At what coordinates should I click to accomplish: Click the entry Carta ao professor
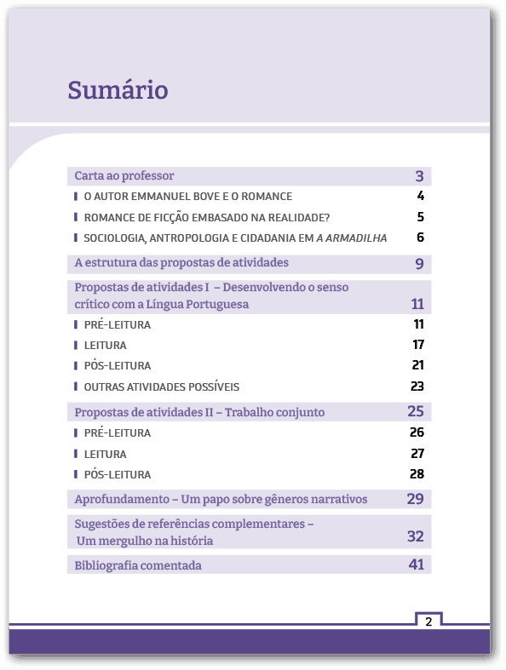click(x=124, y=176)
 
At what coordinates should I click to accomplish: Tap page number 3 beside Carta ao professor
click(x=419, y=177)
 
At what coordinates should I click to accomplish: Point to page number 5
click(x=420, y=217)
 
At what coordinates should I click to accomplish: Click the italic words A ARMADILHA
click(x=352, y=238)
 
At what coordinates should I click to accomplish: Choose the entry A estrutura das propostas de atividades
click(x=181, y=262)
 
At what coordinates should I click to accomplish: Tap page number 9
click(x=419, y=264)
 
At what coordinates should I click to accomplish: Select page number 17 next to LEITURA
click(x=417, y=345)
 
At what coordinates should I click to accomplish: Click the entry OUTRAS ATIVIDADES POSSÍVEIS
click(x=161, y=387)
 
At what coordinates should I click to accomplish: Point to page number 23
click(x=417, y=387)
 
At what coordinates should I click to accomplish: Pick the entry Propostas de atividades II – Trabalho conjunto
click(x=199, y=412)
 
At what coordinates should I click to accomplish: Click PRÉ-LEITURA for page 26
click(x=117, y=433)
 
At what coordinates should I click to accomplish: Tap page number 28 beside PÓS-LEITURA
click(x=417, y=474)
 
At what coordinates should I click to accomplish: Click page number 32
click(x=415, y=536)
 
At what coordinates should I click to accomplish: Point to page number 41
click(x=416, y=564)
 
